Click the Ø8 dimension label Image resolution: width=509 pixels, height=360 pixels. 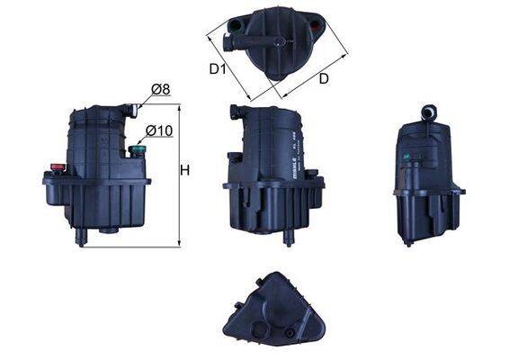pos(160,88)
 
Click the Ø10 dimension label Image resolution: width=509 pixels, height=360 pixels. pos(158,131)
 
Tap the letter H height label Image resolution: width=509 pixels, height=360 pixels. pos(184,169)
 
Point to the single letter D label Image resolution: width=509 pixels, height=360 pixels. pos(323,79)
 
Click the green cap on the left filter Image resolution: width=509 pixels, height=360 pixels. pos(137,150)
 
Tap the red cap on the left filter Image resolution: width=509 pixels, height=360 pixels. pos(58,167)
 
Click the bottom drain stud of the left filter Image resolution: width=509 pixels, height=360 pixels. pos(82,236)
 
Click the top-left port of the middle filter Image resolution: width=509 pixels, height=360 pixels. pos(235,112)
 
